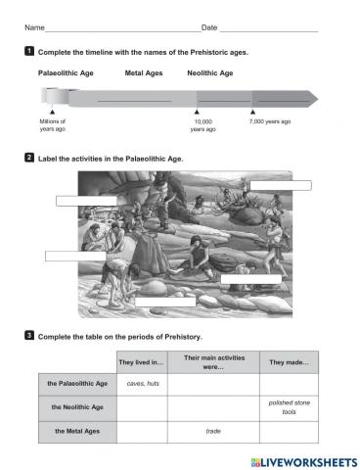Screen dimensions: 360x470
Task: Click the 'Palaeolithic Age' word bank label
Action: pyautogui.click(x=67, y=72)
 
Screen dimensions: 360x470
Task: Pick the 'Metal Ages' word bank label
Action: pyautogui.click(x=143, y=72)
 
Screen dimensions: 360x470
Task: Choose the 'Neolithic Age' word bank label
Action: pyautogui.click(x=209, y=72)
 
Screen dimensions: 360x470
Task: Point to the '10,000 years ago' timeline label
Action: pyautogui.click(x=202, y=124)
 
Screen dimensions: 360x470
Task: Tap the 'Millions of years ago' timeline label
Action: pyautogui.click(x=53, y=124)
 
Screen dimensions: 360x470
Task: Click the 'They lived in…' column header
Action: pyautogui.click(x=142, y=363)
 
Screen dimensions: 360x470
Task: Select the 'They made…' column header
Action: pyautogui.click(x=289, y=363)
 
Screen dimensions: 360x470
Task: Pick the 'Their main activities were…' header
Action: pyautogui.click(x=213, y=363)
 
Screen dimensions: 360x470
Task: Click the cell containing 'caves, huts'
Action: pyautogui.click(x=142, y=384)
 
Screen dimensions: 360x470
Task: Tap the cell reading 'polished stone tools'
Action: pyautogui.click(x=289, y=406)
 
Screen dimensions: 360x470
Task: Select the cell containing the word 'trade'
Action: pyautogui.click(x=213, y=430)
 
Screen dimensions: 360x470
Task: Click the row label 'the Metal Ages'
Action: pyautogui.click(x=77, y=430)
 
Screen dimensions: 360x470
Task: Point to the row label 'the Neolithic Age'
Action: pyautogui.click(x=77, y=406)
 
